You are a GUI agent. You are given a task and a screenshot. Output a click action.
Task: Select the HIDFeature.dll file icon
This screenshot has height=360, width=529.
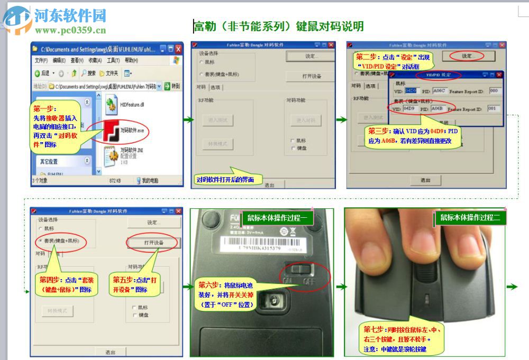click(112, 104)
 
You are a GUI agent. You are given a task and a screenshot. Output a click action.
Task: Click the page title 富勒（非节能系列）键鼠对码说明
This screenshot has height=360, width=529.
click(278, 26)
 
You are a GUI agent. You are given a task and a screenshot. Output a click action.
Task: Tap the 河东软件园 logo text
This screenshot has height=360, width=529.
click(70, 15)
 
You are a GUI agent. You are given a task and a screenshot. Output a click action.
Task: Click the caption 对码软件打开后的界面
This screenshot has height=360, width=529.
click(225, 180)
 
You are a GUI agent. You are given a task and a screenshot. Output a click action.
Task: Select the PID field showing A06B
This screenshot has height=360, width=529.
click(437, 108)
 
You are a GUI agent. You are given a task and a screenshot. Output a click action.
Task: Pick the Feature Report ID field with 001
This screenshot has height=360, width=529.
click(493, 108)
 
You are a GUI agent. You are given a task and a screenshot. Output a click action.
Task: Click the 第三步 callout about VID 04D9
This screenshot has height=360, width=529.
click(413, 137)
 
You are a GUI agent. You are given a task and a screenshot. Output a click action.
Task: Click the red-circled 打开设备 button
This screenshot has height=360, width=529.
click(153, 242)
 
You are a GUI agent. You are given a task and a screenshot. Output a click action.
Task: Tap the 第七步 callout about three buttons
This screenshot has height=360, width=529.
click(400, 339)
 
